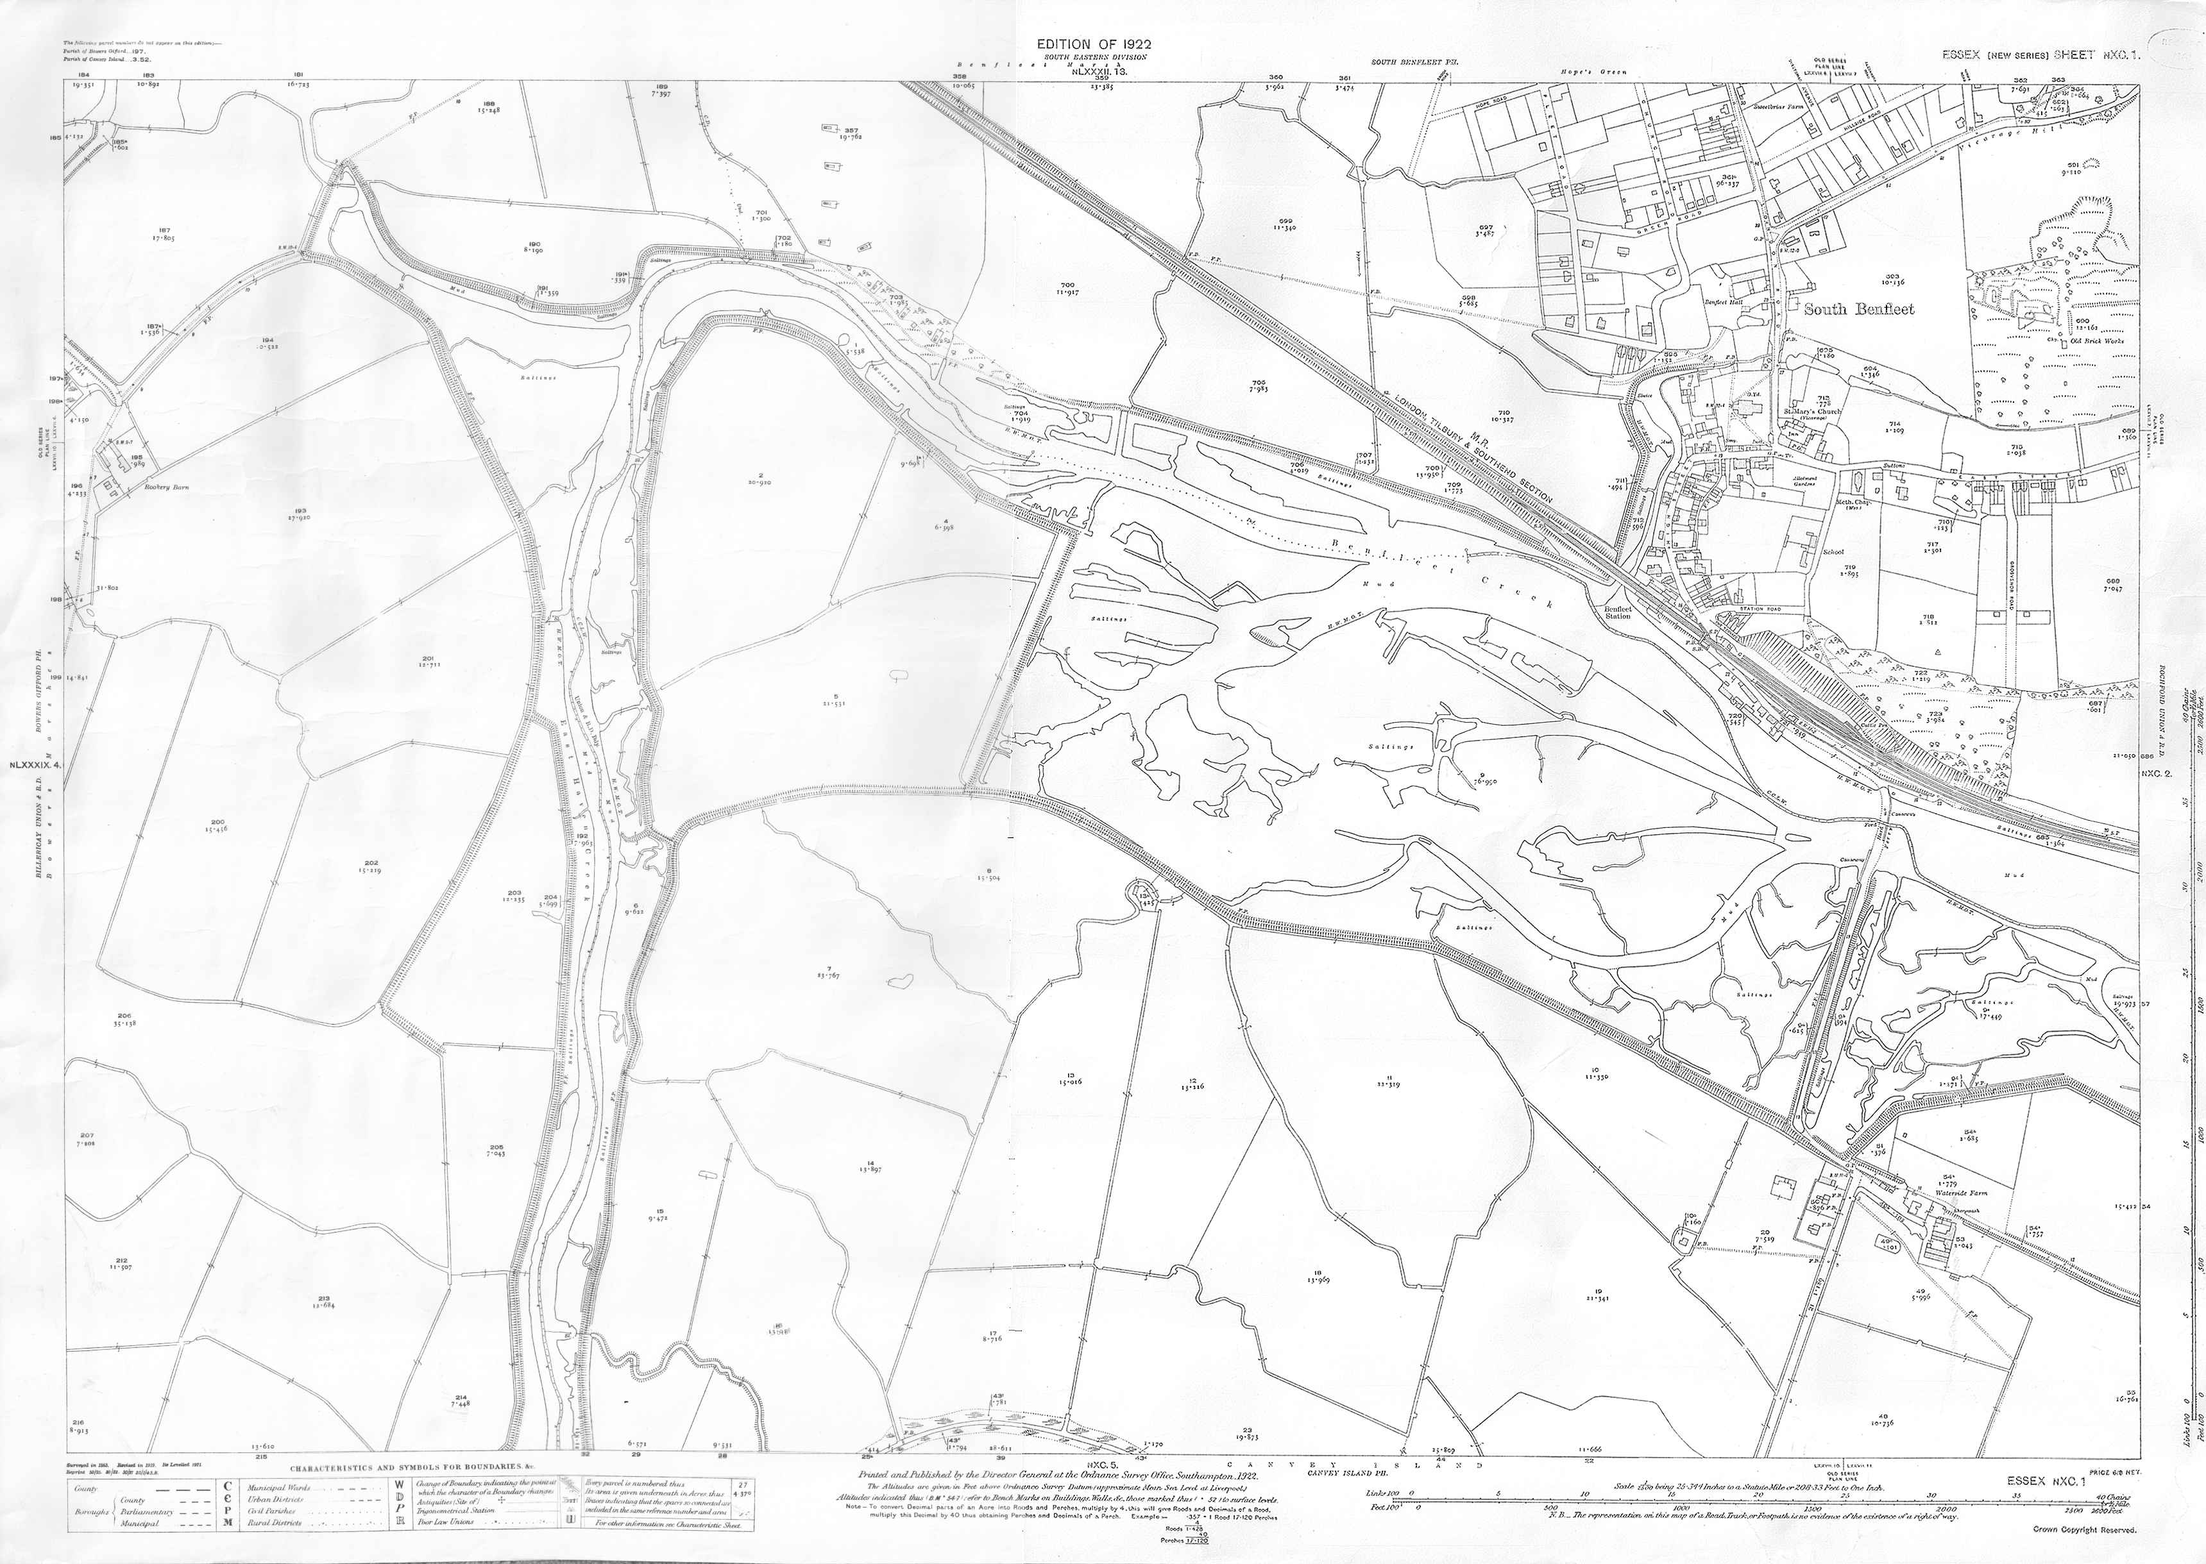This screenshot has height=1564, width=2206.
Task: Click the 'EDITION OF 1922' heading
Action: [1092, 44]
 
